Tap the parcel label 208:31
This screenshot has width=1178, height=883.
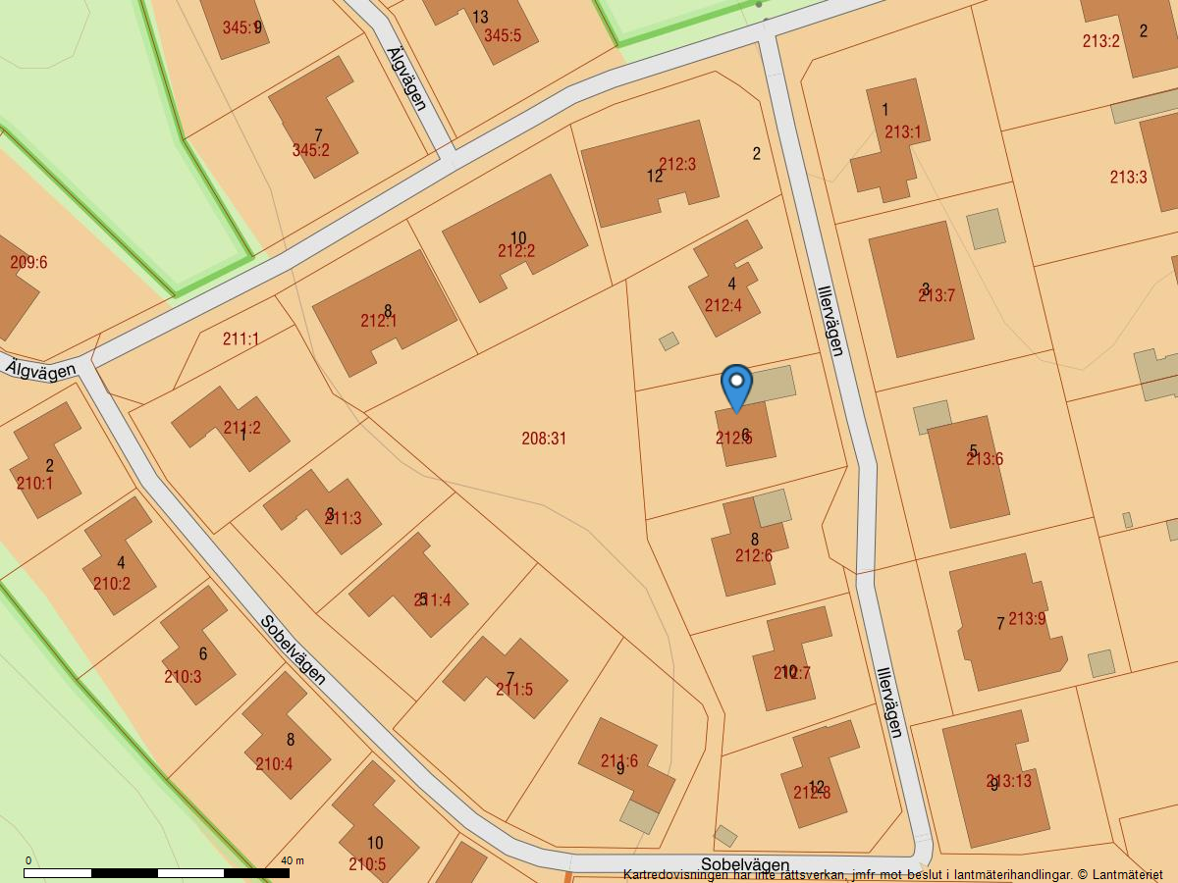tap(544, 439)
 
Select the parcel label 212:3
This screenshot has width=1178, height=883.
tap(677, 165)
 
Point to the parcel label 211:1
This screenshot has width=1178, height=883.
tap(241, 339)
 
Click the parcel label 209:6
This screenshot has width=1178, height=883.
tap(28, 263)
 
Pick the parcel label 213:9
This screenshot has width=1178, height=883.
tap(1027, 619)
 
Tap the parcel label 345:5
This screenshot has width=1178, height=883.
tap(503, 36)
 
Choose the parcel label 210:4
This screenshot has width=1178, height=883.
tap(274, 764)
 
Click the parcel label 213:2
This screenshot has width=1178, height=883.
tap(1101, 41)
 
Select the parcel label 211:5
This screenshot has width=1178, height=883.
tap(514, 690)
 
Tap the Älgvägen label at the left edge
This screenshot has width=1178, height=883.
tap(40, 370)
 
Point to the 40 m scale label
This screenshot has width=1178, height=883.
tap(293, 860)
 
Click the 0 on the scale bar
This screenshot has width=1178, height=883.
tap(27, 860)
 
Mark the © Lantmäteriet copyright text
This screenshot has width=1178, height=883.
tap(1119, 874)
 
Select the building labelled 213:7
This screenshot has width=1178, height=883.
tap(921, 289)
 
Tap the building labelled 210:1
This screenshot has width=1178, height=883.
tap(45, 461)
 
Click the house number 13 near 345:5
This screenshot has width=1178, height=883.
tap(480, 17)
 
